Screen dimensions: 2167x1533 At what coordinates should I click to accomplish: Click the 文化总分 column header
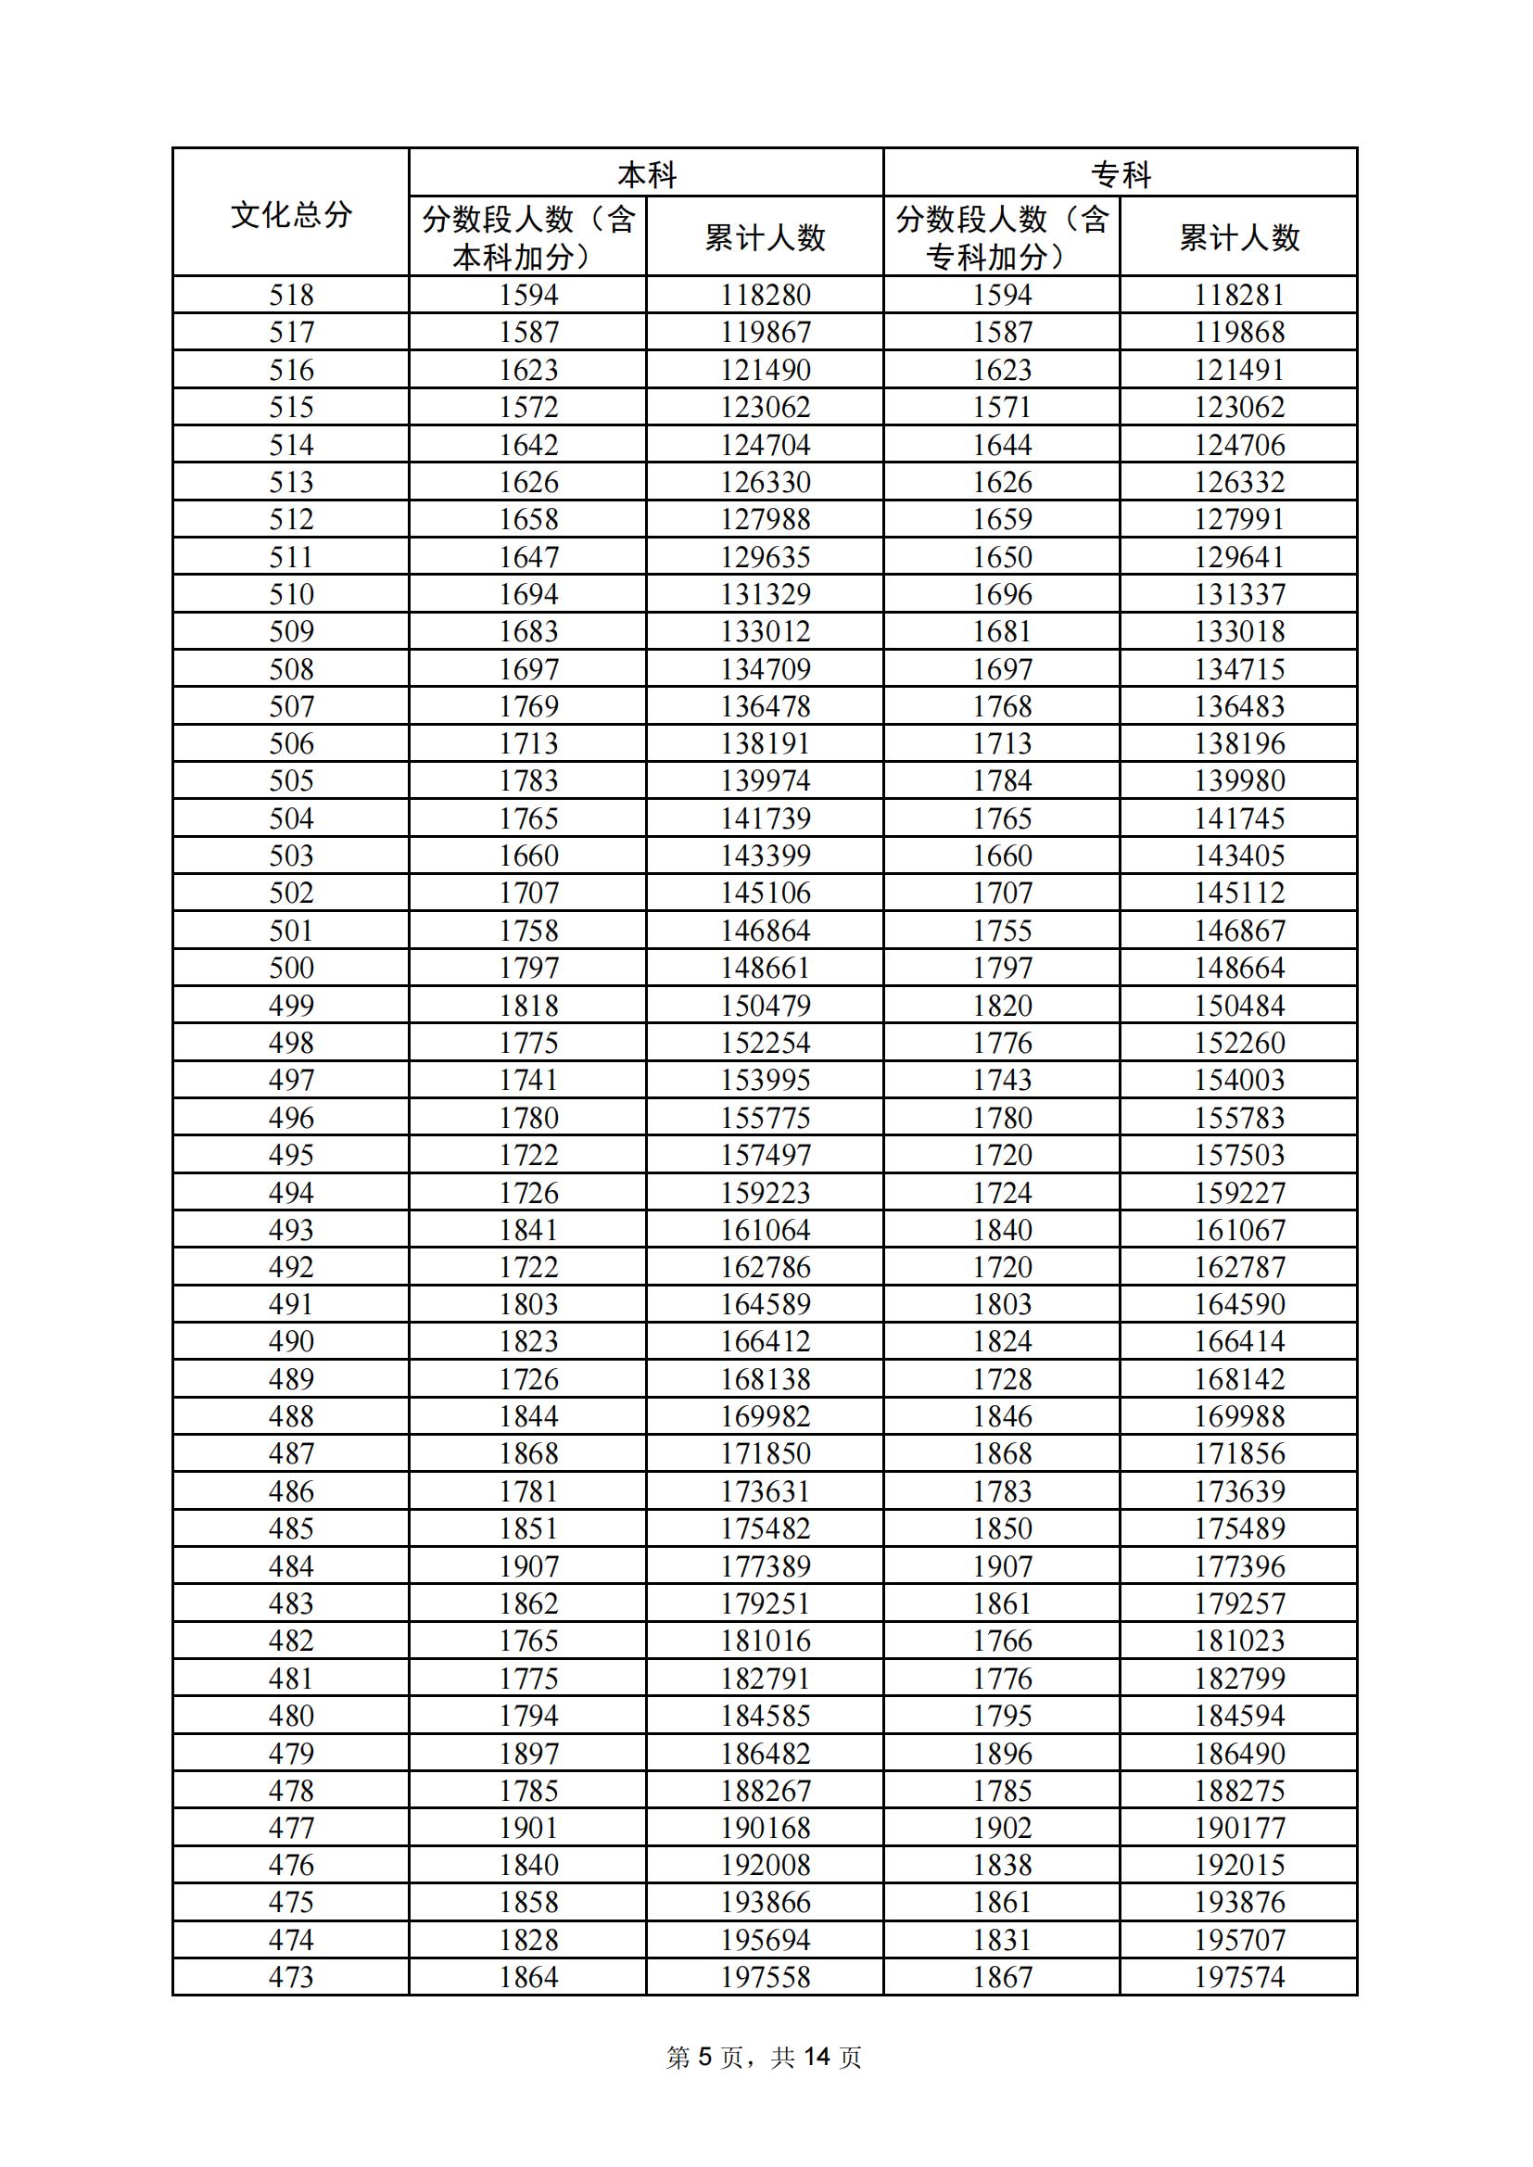291,214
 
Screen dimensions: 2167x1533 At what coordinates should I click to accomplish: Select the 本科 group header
647,173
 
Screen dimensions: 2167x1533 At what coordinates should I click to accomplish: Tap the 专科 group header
1121,173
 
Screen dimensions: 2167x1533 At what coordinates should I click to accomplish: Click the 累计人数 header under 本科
765,237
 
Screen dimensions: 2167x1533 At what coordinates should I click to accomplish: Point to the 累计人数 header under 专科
1238,237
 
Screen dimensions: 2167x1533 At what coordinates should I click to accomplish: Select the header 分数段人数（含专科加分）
1002,237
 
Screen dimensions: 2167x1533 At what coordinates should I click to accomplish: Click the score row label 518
291,296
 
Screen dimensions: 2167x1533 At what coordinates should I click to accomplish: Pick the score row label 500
291,969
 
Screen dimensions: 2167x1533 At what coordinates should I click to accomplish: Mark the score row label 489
291,1379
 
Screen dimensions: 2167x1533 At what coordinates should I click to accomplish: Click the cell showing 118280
765,296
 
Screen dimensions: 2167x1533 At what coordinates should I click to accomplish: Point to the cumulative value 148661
765,969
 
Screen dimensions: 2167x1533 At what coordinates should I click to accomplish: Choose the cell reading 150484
1238,1005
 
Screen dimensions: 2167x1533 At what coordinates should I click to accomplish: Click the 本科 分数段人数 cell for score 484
527,1566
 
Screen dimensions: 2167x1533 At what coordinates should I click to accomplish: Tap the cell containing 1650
1002,557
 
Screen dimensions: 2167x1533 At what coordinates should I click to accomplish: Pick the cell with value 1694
527,595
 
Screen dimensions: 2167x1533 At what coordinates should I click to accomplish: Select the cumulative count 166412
765,1342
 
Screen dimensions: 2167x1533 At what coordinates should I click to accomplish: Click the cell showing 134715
1238,669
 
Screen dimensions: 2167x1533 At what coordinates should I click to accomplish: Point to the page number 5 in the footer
704,2076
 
